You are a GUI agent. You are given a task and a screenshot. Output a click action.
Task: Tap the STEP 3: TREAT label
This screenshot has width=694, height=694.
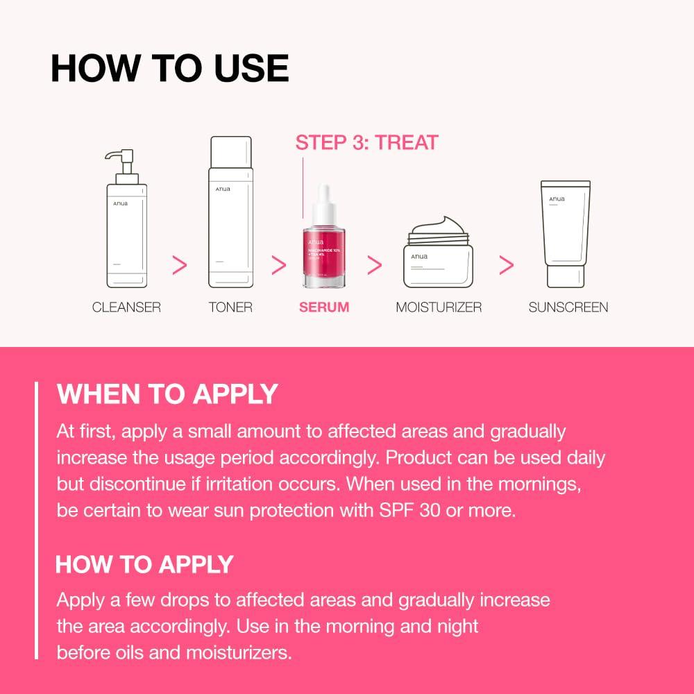[366, 143]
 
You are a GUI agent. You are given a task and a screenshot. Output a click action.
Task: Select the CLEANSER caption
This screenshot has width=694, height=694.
[126, 307]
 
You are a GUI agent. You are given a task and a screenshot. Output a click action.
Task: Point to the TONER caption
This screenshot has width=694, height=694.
[230, 307]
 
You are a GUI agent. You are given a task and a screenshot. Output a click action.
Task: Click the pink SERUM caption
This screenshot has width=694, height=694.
[324, 307]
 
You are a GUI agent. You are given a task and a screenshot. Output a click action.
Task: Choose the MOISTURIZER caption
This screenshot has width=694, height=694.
[439, 307]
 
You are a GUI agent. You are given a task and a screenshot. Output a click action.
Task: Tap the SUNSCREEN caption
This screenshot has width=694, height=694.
[568, 307]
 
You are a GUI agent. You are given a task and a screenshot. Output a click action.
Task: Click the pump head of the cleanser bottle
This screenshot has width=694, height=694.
[119, 163]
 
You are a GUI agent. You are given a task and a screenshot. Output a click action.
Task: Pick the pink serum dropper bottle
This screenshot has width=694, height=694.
[324, 243]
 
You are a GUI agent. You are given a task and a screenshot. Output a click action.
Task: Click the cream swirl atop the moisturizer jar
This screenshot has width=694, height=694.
[438, 226]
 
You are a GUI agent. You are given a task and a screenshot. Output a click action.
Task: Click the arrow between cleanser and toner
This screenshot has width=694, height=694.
[180, 264]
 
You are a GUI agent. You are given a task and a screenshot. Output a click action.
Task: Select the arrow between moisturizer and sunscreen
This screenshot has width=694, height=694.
[507, 264]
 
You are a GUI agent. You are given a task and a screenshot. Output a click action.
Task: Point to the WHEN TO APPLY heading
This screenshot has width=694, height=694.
[167, 394]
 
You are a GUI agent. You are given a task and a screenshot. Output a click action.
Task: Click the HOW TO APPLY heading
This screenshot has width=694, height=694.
[144, 564]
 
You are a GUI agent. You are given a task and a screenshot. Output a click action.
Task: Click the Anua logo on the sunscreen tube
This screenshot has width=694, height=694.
[557, 200]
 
